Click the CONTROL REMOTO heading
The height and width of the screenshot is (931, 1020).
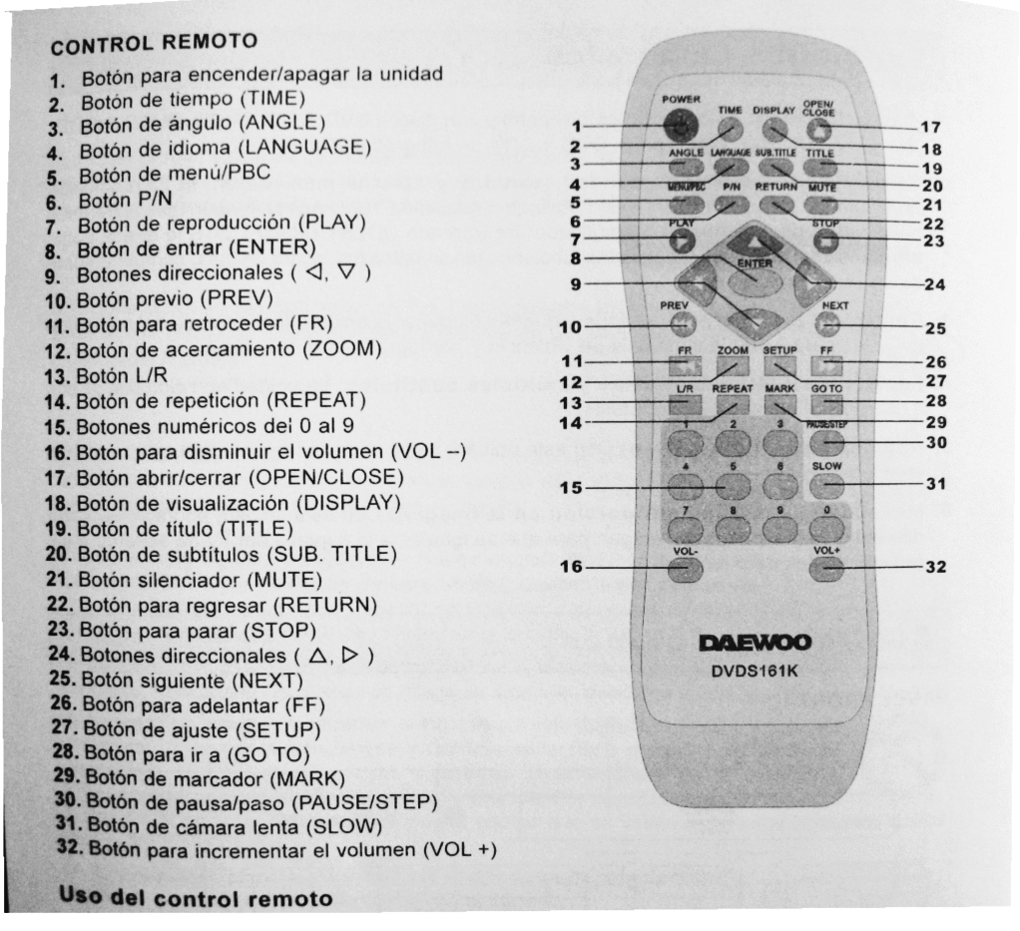[155, 45]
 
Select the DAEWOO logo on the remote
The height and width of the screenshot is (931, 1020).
[754, 642]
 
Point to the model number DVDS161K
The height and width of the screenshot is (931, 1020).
[754, 670]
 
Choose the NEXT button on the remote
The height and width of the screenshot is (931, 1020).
[827, 324]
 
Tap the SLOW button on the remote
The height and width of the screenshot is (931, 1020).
[826, 485]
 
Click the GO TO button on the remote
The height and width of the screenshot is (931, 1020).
[826, 404]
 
